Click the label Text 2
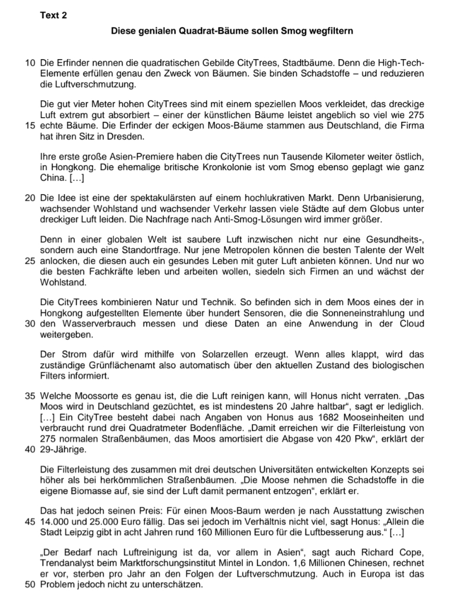[x=53, y=15]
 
